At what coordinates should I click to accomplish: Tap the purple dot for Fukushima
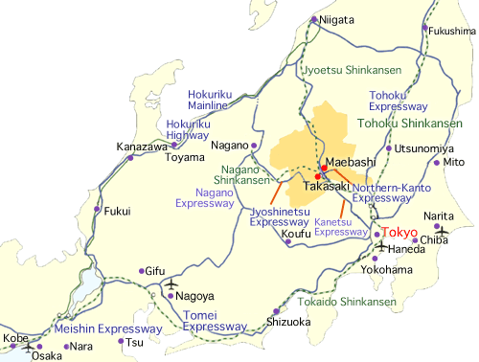[x=424, y=28]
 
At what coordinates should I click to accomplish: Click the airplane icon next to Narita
[x=442, y=230]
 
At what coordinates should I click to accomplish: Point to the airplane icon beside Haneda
[x=383, y=247]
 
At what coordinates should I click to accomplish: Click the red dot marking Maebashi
[x=324, y=169]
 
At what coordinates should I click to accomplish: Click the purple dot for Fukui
[x=97, y=209]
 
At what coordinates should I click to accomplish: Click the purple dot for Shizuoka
[x=276, y=311]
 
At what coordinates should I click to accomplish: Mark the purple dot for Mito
[x=437, y=163]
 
